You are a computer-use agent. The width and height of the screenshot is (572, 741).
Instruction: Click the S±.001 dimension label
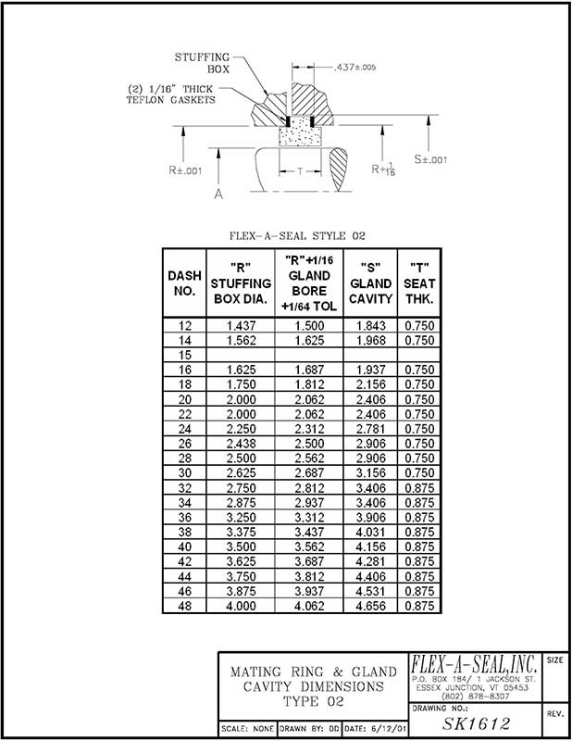point(431,159)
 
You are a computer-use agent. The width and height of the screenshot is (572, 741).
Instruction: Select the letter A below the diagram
point(218,195)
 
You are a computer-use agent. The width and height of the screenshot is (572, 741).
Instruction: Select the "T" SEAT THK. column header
point(419,283)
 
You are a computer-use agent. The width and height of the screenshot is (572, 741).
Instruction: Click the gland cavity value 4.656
point(370,606)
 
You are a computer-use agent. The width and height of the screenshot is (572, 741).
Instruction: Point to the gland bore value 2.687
point(308,473)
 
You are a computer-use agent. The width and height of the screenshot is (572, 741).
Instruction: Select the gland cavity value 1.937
point(370,370)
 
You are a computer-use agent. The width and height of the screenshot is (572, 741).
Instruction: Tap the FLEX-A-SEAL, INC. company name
point(473,665)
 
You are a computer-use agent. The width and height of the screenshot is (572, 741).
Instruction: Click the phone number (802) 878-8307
point(473,696)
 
